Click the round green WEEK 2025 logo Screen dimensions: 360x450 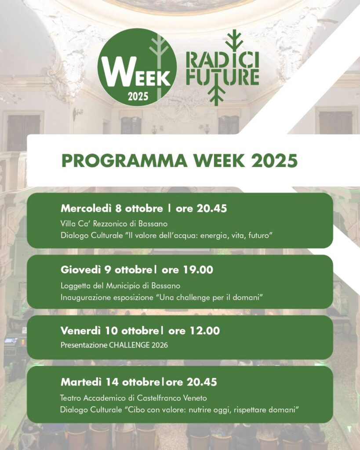pyautogui.click(x=137, y=67)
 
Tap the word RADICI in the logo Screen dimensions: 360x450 pyautogui.click(x=222, y=59)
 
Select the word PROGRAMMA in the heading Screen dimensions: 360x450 pyautogui.click(x=124, y=160)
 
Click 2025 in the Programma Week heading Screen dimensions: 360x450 pyautogui.click(x=274, y=160)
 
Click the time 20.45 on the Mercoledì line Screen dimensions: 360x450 pyautogui.click(x=212, y=208)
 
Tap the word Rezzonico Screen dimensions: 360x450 pyautogui.click(x=110, y=224)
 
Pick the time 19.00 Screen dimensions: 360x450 pyautogui.click(x=198, y=270)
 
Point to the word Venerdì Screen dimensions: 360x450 pyautogui.click(x=81, y=330)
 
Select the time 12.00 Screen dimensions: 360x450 pyautogui.click(x=205, y=330)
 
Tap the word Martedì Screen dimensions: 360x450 pyautogui.click(x=81, y=382)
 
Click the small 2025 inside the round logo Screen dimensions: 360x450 pyautogui.click(x=138, y=96)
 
